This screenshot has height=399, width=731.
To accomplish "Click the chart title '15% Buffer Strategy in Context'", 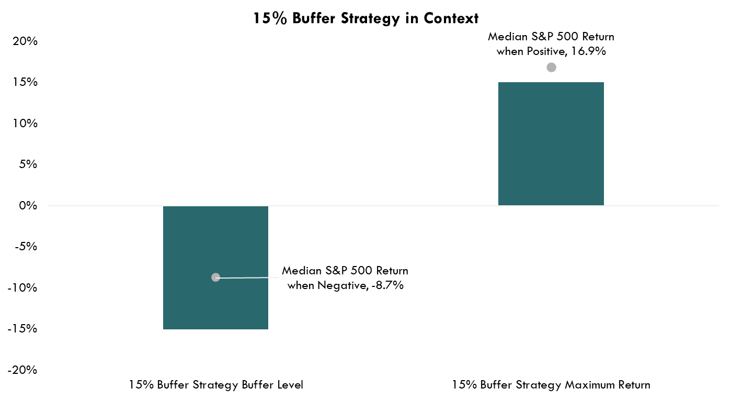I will click(366, 18).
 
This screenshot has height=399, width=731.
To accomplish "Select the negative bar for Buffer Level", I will click(215, 246).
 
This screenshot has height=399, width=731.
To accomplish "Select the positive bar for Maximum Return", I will click(551, 143).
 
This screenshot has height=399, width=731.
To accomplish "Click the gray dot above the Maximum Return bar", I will click(551, 67).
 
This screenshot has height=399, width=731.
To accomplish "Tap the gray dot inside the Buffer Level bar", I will click(215, 277).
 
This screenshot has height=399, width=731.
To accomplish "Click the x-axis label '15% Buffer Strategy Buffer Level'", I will click(216, 385).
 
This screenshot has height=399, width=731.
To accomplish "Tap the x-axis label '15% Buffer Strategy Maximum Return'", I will click(551, 385).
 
